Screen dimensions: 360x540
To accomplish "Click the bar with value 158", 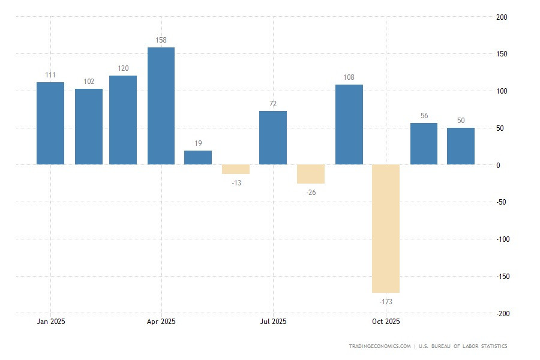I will click(161, 106).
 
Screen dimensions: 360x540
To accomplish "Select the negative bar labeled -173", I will click(386, 228).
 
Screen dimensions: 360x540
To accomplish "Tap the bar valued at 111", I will click(50, 123).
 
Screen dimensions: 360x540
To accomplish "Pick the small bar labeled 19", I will click(198, 158).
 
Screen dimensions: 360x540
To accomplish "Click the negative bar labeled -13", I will click(236, 169).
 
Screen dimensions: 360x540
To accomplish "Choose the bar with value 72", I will click(273, 137).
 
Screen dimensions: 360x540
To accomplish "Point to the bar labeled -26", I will click(311, 174).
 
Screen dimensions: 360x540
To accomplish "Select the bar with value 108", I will click(349, 124).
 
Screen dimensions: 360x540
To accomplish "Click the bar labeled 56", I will click(424, 143).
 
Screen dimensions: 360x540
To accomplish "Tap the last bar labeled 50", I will click(461, 146).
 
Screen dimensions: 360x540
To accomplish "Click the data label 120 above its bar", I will click(123, 68).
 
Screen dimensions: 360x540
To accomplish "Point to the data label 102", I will click(89, 82).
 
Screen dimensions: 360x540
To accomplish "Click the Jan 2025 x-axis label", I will click(51, 322).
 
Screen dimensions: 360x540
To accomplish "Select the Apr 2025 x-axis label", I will click(161, 322).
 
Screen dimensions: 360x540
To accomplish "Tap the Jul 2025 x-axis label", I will click(273, 322).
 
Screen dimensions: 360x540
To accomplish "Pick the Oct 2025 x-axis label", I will click(386, 322).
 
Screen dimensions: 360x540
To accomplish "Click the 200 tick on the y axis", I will click(502, 17).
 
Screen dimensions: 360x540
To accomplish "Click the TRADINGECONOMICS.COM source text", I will click(380, 346).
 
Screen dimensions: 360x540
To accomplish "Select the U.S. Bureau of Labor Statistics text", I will click(463, 346).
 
